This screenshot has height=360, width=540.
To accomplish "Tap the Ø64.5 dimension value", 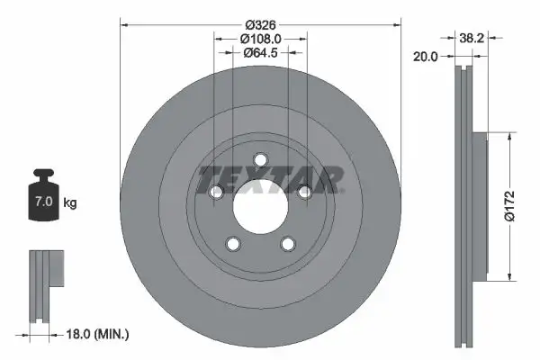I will click(261, 53).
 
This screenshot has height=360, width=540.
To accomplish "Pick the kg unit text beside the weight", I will click(70, 203).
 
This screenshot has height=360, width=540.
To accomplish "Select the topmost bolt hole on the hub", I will click(260, 160).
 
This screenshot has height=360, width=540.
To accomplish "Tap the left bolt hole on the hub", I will click(216, 192).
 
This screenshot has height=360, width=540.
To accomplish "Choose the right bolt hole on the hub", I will click(304, 192).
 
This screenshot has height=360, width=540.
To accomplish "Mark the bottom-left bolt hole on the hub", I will click(233, 243).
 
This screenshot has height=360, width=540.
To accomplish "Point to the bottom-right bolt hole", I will click(287, 243).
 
